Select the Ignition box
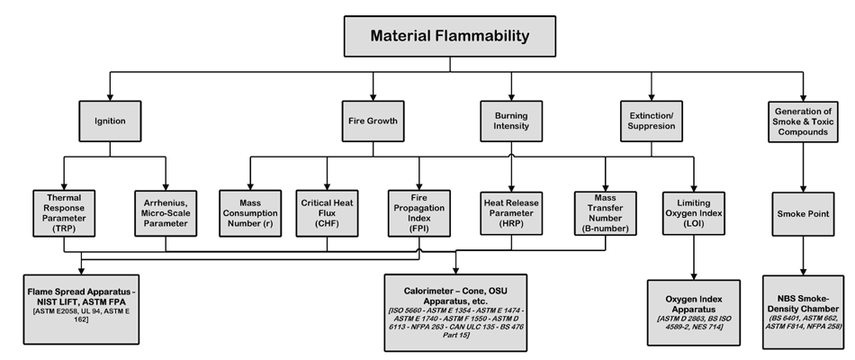(110, 119)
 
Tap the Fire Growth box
(373, 119)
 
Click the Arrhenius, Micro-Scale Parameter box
(166, 211)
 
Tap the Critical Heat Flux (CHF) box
(328, 211)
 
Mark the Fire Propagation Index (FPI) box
(418, 211)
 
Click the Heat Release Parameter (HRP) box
(511, 211)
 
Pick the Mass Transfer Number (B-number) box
(605, 211)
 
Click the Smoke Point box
(802, 214)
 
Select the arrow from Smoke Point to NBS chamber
(802, 256)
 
